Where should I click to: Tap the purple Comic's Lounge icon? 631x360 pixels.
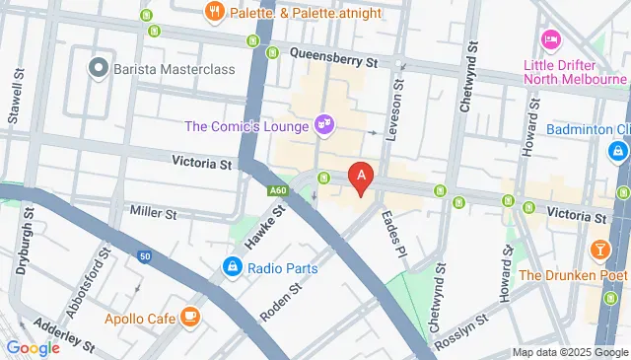[321, 124]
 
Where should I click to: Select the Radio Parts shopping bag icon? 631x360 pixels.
[232, 265]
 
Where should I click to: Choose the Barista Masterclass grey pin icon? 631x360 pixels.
[97, 67]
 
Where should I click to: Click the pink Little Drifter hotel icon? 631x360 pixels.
[550, 40]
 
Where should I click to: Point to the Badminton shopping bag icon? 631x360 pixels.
[617, 151]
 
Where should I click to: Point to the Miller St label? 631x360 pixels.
[153, 212]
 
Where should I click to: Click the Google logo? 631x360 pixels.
[33, 347]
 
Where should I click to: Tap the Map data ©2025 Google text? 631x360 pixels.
[569, 352]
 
